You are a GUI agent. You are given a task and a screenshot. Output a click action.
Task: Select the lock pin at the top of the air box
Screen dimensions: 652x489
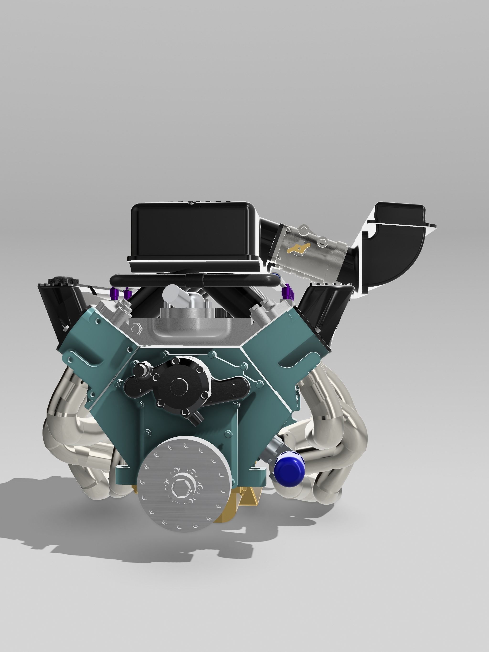[x=191, y=203]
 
